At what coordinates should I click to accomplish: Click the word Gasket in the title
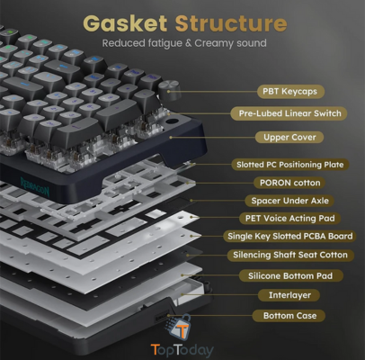click(x=125, y=23)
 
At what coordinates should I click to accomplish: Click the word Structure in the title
click(x=231, y=23)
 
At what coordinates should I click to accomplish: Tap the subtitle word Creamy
click(x=214, y=43)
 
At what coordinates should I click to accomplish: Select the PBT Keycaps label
click(x=290, y=91)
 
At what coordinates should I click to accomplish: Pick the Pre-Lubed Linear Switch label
click(x=289, y=113)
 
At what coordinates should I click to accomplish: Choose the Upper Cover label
click(x=289, y=137)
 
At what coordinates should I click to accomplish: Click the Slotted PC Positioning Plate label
click(x=289, y=165)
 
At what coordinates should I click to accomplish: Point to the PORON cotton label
click(x=289, y=183)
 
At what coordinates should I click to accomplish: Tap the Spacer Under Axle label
click(x=289, y=201)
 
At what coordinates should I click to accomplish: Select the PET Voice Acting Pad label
click(x=289, y=218)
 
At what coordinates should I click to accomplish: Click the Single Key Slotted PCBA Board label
click(x=289, y=236)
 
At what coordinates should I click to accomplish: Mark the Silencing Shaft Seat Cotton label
click(x=290, y=255)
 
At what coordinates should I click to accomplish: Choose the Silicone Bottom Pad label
click(x=290, y=275)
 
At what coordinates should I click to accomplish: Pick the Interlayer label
click(x=289, y=295)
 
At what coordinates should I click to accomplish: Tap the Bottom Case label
click(x=289, y=316)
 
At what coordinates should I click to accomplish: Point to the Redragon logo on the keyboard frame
click(x=35, y=187)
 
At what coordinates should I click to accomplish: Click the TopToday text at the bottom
click(x=182, y=350)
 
